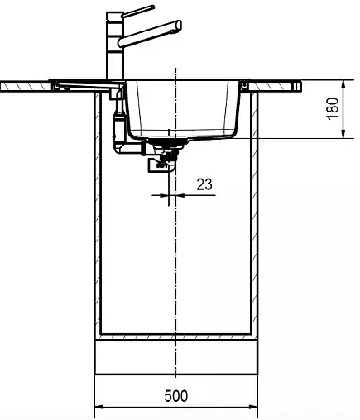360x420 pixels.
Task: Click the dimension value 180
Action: click(331, 109)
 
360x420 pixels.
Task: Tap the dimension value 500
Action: click(175, 395)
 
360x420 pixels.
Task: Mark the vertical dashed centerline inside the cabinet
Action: click(174, 265)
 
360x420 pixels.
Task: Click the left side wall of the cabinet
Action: click(98, 215)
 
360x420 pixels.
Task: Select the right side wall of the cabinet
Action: click(252, 215)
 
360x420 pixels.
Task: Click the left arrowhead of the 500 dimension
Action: click(99, 407)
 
